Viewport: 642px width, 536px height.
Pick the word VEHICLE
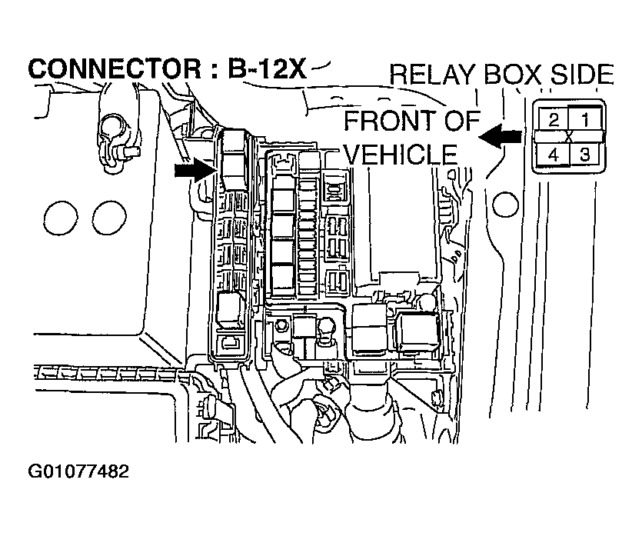pyautogui.click(x=400, y=153)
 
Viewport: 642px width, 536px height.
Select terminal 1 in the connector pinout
pyautogui.click(x=584, y=119)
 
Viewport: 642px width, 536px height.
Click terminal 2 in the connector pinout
pyautogui.click(x=552, y=119)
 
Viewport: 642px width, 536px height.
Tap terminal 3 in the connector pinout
pyautogui.click(x=584, y=155)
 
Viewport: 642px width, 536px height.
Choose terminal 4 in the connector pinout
pyautogui.click(x=552, y=155)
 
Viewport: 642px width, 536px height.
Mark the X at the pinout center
pyautogui.click(x=568, y=137)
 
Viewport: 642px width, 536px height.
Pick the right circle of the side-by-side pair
pyautogui.click(x=107, y=218)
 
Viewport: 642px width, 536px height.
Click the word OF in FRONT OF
pyautogui.click(x=461, y=122)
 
